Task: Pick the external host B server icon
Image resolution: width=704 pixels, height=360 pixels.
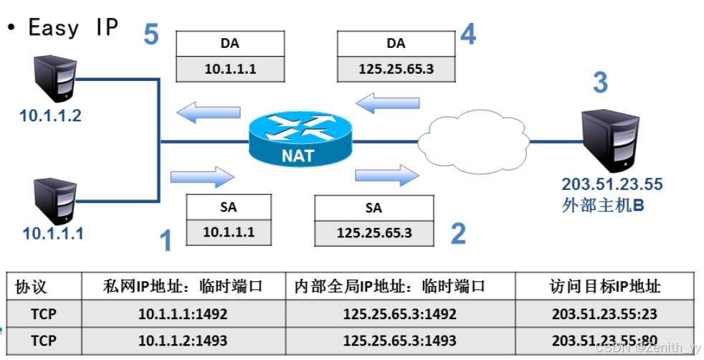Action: (x=612, y=139)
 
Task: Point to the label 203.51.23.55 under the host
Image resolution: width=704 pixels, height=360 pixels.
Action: (x=612, y=184)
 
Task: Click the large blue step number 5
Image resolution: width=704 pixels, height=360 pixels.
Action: (x=151, y=34)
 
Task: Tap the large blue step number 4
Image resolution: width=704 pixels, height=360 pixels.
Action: (x=467, y=34)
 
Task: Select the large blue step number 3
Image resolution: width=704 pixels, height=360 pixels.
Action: (x=599, y=82)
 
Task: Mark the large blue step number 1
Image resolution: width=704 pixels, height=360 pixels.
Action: (x=166, y=240)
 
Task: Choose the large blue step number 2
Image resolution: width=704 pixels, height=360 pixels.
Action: (x=457, y=233)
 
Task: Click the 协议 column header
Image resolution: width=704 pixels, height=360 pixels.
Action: (x=32, y=287)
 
